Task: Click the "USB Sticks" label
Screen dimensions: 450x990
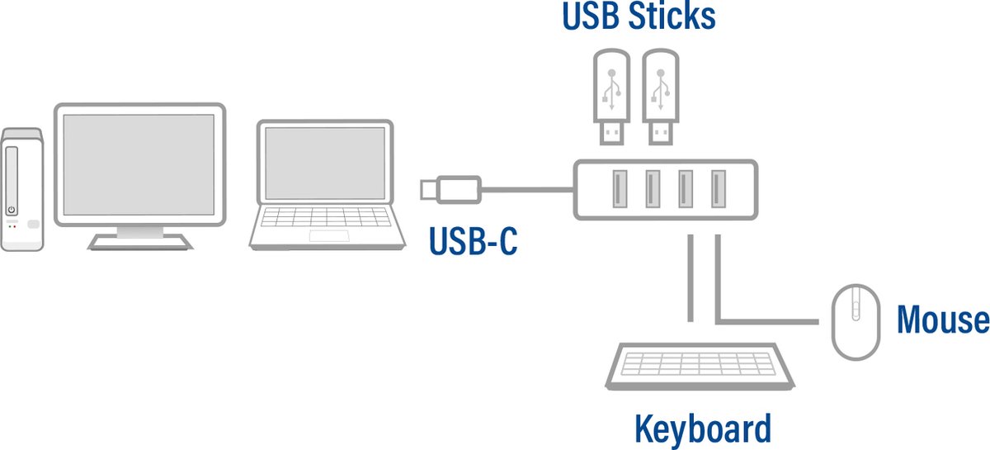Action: [x=638, y=17]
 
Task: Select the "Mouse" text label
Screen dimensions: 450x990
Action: [x=942, y=320]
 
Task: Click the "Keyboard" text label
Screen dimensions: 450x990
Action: [x=702, y=429]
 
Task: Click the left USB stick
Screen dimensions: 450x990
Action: [x=610, y=96]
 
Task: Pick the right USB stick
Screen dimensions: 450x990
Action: [x=660, y=96]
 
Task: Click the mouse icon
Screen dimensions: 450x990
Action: [x=856, y=321]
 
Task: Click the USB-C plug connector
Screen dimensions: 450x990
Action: [x=450, y=189]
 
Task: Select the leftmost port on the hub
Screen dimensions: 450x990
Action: [x=618, y=189]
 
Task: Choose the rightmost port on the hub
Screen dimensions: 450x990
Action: [x=719, y=189]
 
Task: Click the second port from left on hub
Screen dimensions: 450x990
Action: [x=652, y=189]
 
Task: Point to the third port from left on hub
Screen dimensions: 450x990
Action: [x=685, y=189]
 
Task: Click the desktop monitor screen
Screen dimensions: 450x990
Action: [x=139, y=163]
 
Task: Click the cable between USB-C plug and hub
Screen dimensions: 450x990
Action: [x=528, y=190]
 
